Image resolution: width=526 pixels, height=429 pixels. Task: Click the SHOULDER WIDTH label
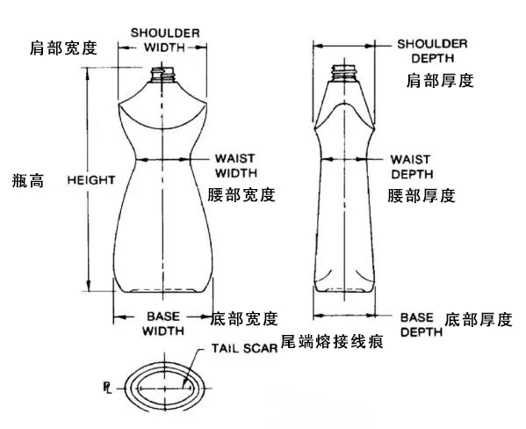click(x=165, y=40)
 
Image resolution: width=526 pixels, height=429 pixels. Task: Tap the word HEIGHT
click(x=91, y=180)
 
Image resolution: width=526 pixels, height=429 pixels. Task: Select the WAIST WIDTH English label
click(x=236, y=165)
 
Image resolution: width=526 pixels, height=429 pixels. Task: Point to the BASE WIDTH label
click(x=163, y=324)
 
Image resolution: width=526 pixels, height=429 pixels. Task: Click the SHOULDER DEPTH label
click(x=432, y=51)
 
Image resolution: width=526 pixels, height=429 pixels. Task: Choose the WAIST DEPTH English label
click(x=412, y=167)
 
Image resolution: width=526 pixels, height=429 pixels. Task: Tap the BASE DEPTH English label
click(x=422, y=325)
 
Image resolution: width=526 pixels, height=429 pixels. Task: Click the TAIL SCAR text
click(x=244, y=348)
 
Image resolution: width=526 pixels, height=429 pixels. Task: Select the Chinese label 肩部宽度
click(x=63, y=48)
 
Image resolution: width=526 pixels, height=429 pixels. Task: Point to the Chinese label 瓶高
click(x=28, y=180)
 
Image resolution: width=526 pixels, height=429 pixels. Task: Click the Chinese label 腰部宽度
click(x=241, y=195)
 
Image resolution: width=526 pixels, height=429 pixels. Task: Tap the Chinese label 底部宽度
click(x=244, y=318)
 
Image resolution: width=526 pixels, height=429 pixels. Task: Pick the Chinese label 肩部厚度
click(x=440, y=81)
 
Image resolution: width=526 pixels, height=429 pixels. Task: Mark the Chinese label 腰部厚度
click(x=422, y=196)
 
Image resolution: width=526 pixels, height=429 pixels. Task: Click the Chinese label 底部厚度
click(x=479, y=319)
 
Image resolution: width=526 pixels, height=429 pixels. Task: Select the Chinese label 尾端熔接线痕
click(x=332, y=342)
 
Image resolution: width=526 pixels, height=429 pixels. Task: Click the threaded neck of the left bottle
click(x=162, y=75)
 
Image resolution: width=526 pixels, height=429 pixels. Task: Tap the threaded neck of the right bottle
click(x=344, y=73)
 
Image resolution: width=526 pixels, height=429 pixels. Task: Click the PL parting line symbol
click(x=107, y=388)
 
